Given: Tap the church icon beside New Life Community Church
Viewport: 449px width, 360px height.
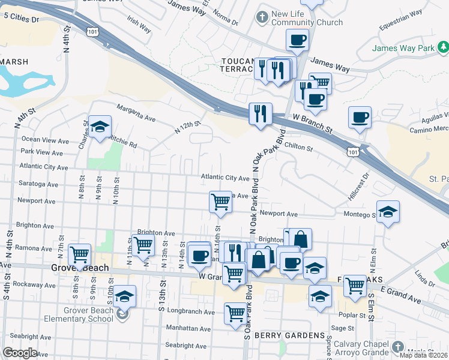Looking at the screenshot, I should (261, 17).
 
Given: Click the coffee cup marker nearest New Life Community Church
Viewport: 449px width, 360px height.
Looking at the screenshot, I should (297, 41).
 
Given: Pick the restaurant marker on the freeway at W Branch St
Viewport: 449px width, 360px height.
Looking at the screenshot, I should (260, 114).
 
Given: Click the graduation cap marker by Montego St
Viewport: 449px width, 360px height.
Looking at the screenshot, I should (388, 212).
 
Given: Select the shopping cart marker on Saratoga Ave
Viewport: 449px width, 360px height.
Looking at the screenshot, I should (220, 203).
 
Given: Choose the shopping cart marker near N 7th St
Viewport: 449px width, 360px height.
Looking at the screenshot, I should (79, 255).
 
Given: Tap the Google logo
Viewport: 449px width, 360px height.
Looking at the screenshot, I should (20, 352).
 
